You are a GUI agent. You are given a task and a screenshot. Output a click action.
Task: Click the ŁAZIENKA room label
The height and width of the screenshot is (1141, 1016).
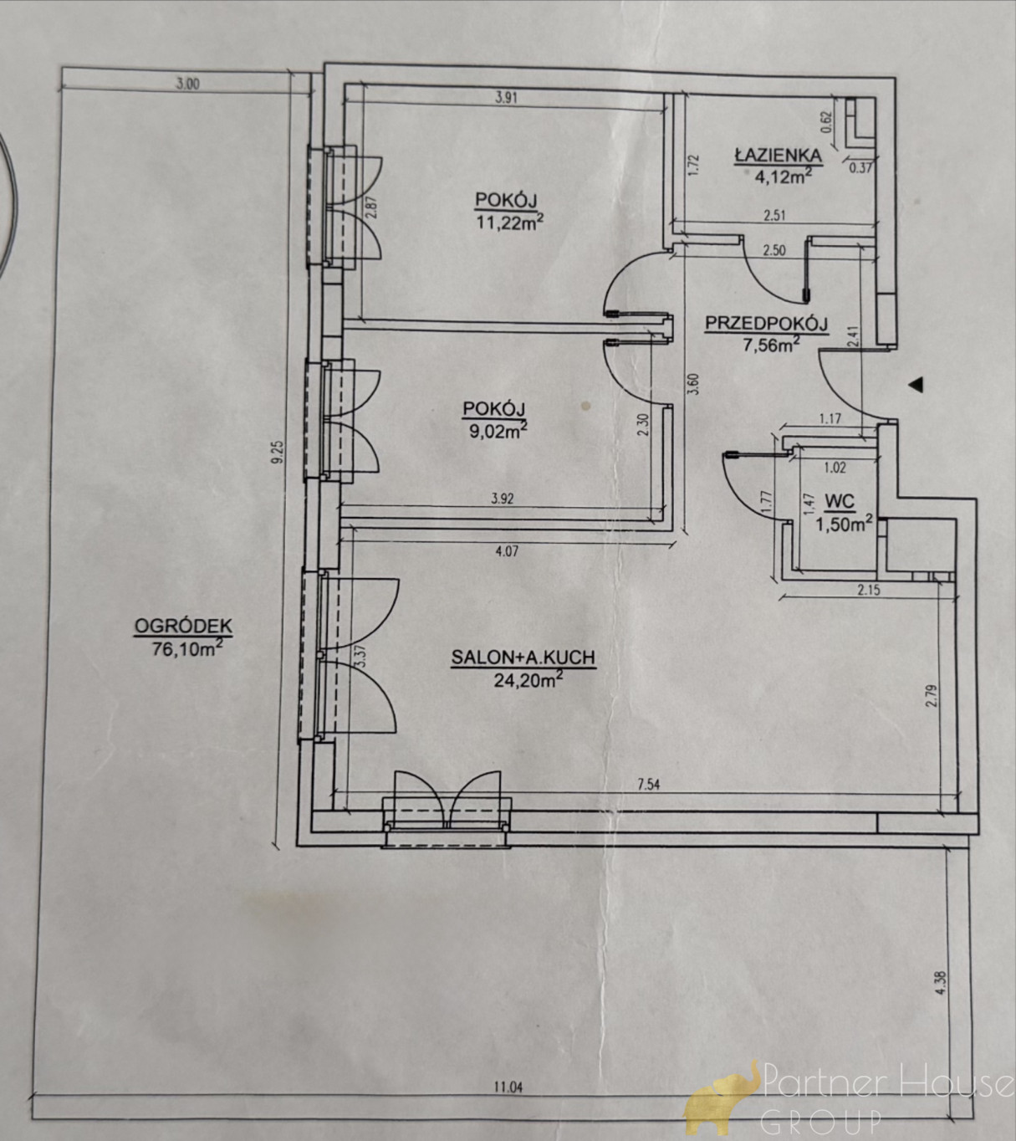pyautogui.click(x=778, y=155)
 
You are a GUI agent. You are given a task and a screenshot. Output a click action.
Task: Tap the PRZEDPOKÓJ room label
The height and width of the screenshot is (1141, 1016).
pyautogui.click(x=766, y=324)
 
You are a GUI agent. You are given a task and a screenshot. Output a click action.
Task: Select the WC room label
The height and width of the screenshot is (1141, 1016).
pyautogui.click(x=840, y=501)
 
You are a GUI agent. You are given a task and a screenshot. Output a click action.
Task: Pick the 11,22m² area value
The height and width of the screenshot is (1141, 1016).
pyautogui.click(x=510, y=223)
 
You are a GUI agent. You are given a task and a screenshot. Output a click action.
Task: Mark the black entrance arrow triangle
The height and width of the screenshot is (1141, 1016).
pyautogui.click(x=918, y=385)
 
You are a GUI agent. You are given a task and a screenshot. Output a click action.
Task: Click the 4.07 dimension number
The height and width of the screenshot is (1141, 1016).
pyautogui.click(x=507, y=551)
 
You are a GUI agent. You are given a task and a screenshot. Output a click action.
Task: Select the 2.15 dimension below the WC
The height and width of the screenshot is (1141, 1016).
pyautogui.click(x=869, y=591)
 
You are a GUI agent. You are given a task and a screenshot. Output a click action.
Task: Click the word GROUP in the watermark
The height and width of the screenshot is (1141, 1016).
pyautogui.click(x=821, y=1119)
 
